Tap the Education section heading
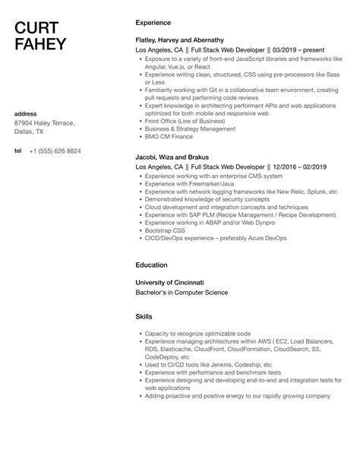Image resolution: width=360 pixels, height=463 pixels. pos(151,266)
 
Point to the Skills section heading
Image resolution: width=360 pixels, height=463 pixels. pos(144,316)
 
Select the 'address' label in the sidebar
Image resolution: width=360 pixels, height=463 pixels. pos(27,114)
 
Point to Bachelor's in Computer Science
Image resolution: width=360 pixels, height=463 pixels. pos(181,293)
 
